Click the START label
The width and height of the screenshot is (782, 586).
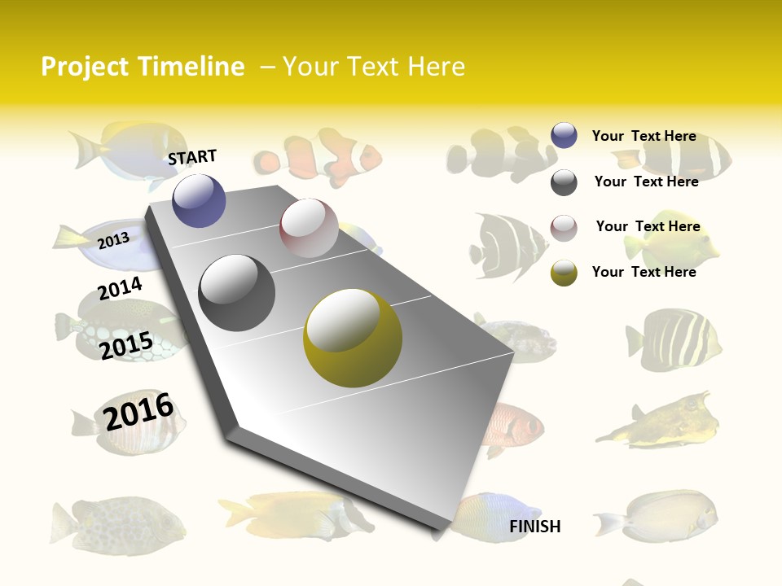(x=192, y=157)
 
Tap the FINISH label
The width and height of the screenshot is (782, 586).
(x=534, y=527)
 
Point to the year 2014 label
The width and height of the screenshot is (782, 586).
(x=120, y=288)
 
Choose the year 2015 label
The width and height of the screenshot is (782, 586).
(x=126, y=345)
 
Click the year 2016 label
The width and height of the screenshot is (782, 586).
(x=138, y=412)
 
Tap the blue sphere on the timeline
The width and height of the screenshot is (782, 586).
(x=199, y=200)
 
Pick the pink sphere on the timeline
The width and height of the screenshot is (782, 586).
(x=309, y=228)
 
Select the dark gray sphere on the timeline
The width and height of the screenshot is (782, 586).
(x=236, y=292)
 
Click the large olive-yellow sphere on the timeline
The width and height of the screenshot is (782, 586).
(x=353, y=337)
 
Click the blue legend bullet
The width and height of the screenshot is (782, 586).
(x=564, y=136)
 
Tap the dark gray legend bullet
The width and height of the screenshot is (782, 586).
(x=564, y=182)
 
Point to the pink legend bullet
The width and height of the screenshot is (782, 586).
(x=564, y=228)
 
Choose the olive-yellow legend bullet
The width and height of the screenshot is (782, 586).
(x=564, y=273)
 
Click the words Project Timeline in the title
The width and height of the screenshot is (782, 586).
(x=143, y=67)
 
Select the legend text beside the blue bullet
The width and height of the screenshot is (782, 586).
(x=644, y=136)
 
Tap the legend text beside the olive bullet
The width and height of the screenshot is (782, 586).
(x=644, y=272)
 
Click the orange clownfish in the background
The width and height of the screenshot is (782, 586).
(x=319, y=152)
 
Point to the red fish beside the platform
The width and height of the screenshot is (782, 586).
(x=512, y=428)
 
